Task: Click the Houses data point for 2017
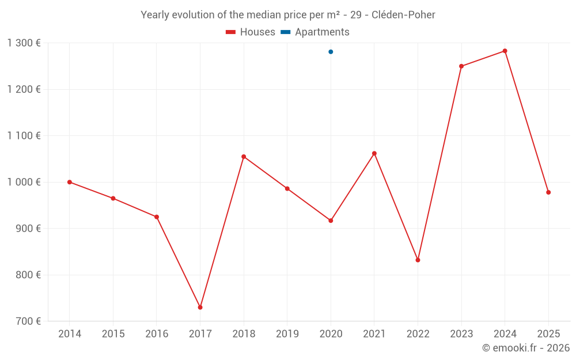pos(200,307)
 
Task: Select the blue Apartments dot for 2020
pos(331,52)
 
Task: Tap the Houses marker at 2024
pos(505,51)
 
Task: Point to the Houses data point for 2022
pos(418,260)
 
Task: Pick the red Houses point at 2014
pos(70,182)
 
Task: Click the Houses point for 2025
pos(548,192)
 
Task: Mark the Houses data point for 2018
pos(244,157)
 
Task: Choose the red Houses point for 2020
pos(331,221)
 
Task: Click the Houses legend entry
pos(251,32)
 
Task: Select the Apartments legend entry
pos(315,32)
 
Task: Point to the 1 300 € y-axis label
pos(24,43)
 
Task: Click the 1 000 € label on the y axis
pos(24,182)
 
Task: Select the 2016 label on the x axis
pos(157,334)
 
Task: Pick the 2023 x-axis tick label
pos(461,334)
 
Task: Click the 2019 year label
pos(287,334)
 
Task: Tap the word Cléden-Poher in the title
pos(403,15)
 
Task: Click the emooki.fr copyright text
pos(525,348)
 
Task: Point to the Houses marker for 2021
pos(374,153)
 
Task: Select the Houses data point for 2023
pos(461,66)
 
